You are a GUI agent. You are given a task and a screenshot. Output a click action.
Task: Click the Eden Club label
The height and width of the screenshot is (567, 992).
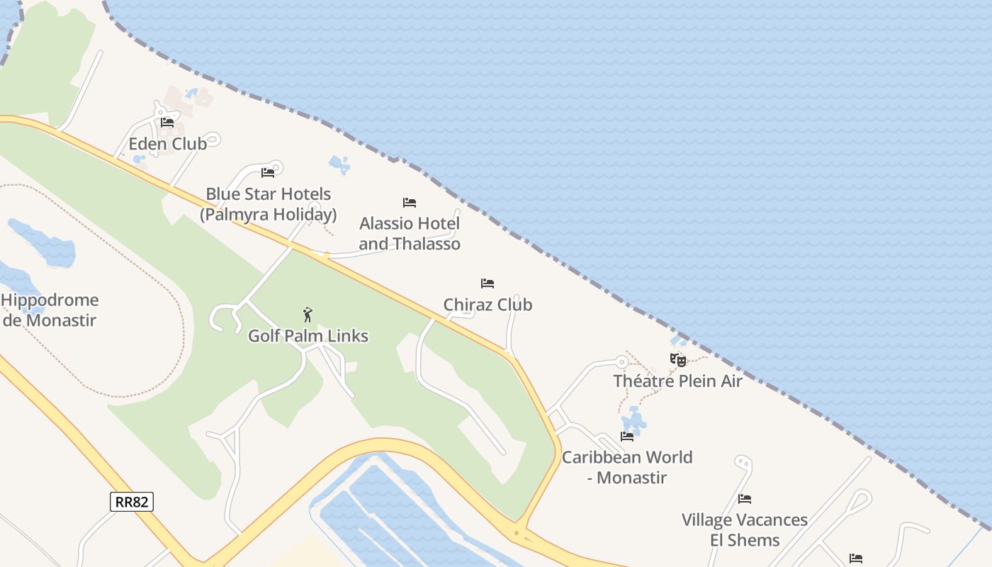[167, 144]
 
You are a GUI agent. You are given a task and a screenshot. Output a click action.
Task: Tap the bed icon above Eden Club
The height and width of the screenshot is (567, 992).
[167, 122]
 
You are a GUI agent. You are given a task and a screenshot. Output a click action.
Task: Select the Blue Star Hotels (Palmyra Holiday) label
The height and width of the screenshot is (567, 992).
[268, 204]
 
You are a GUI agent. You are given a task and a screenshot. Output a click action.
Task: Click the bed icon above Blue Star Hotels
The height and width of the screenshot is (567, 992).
[267, 172]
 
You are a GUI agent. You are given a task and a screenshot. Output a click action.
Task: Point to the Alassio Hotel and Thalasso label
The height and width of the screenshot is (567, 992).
[410, 233]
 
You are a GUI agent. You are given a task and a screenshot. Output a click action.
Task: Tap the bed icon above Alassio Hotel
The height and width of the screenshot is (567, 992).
[409, 203]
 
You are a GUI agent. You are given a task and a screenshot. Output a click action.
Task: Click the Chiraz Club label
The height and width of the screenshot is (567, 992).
[487, 305]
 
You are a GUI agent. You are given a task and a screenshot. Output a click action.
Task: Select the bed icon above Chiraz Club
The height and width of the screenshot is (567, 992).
[487, 283]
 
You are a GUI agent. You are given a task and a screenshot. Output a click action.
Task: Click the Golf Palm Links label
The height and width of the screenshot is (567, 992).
[308, 336]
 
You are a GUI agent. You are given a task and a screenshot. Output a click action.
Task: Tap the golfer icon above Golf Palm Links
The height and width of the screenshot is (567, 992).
[308, 315]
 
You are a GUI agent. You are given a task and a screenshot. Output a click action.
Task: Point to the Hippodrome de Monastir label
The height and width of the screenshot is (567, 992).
[50, 310]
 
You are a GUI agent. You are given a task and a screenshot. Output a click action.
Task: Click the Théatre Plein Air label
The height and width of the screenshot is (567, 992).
[677, 381]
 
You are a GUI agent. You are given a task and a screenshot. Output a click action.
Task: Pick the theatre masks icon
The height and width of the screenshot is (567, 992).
[678, 360]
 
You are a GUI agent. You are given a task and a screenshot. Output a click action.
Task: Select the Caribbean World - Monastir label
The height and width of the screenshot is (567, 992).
[627, 467]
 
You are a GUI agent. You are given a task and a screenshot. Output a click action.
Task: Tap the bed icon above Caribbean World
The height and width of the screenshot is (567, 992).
[627, 437]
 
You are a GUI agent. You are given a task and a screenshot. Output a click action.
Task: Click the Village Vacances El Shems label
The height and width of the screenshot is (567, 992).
[745, 529]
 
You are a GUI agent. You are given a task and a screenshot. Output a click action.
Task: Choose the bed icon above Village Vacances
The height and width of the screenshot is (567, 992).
[745, 499]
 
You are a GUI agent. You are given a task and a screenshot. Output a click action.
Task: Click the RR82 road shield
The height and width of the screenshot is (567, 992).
[132, 502]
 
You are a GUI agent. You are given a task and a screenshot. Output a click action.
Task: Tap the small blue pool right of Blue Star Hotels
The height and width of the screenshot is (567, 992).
[339, 165]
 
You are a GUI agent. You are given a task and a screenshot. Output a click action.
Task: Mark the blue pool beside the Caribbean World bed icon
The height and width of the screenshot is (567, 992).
[634, 420]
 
